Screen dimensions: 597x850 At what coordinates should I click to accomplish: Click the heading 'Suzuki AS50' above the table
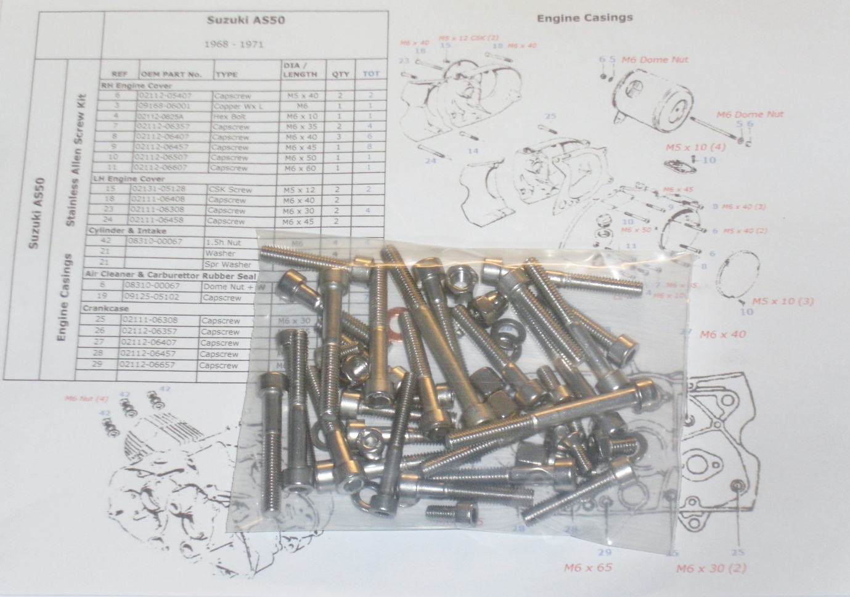[244, 19]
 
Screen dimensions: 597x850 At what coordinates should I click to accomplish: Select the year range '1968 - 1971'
[244, 44]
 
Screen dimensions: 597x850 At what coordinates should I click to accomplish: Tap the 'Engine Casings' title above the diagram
[584, 17]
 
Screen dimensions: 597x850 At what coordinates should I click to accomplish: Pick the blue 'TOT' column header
[371, 74]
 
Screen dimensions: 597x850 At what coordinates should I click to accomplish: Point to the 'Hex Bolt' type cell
[231, 116]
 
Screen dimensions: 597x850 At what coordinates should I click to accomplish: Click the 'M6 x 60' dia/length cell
[300, 168]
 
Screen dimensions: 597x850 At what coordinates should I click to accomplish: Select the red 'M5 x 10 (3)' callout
[780, 302]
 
